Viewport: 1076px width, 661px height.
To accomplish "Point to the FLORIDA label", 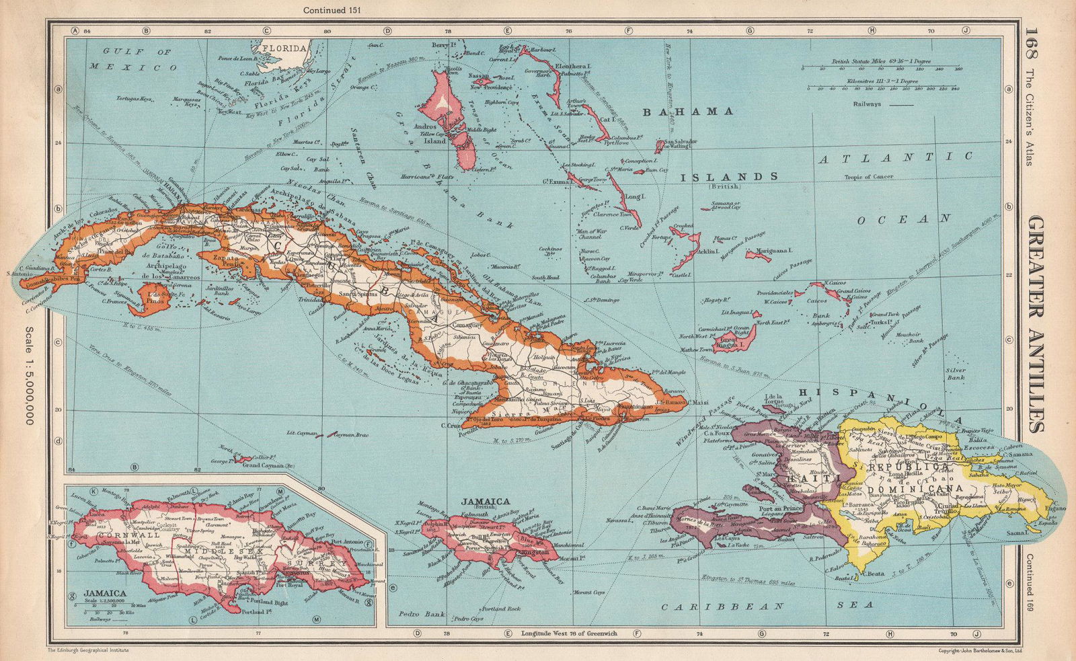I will (285, 48).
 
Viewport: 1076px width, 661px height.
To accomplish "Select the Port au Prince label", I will (779, 508).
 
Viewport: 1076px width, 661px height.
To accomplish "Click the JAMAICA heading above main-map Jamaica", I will (485, 501).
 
